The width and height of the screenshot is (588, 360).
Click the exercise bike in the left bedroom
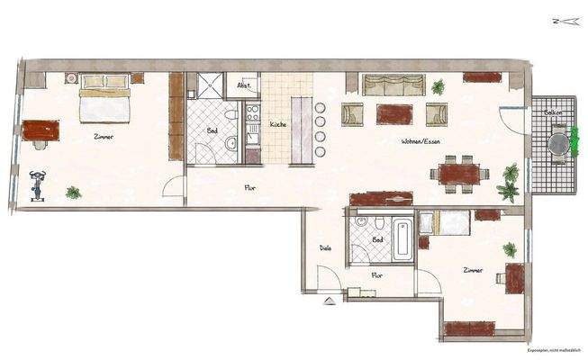pyautogui.click(x=37, y=185)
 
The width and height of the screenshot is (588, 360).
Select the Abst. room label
pyautogui.click(x=242, y=86)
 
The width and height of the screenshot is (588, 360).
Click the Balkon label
pyautogui.click(x=552, y=112)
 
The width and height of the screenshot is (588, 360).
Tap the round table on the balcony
pyautogui.click(x=558, y=142)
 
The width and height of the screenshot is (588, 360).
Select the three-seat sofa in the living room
pyautogui.click(x=394, y=85)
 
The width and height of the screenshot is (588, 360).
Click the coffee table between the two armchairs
pyautogui.click(x=394, y=114)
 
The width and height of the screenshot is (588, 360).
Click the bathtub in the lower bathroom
pyautogui.click(x=403, y=235)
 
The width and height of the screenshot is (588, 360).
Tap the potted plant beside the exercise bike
pyautogui.click(x=73, y=192)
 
